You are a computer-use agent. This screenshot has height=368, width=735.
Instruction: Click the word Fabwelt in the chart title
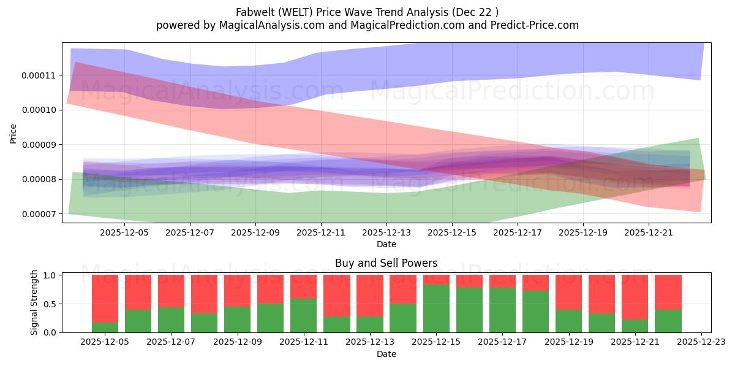pos(253,12)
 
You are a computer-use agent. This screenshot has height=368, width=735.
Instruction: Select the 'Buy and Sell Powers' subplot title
pos(386,263)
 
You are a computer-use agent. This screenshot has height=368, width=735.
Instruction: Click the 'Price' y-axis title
pos(13,133)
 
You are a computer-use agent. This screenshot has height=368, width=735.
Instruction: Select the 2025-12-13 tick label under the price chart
pos(386,232)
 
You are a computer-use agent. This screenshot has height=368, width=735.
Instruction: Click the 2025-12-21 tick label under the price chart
pos(649,232)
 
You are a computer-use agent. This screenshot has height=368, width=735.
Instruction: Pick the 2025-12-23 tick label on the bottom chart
pos(701,342)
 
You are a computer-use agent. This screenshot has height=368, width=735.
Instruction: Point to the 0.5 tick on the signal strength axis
pos(51,304)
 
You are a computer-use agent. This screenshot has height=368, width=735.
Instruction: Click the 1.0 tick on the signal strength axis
pos(51,275)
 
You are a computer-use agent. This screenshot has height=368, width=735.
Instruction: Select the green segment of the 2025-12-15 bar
pos(436,309)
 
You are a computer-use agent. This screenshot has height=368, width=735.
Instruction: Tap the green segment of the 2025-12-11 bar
pos(304,316)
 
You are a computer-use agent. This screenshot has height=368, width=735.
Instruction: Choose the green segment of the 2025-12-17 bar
pos(502,310)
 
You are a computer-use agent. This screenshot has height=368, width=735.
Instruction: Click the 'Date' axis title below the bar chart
pos(386,354)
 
